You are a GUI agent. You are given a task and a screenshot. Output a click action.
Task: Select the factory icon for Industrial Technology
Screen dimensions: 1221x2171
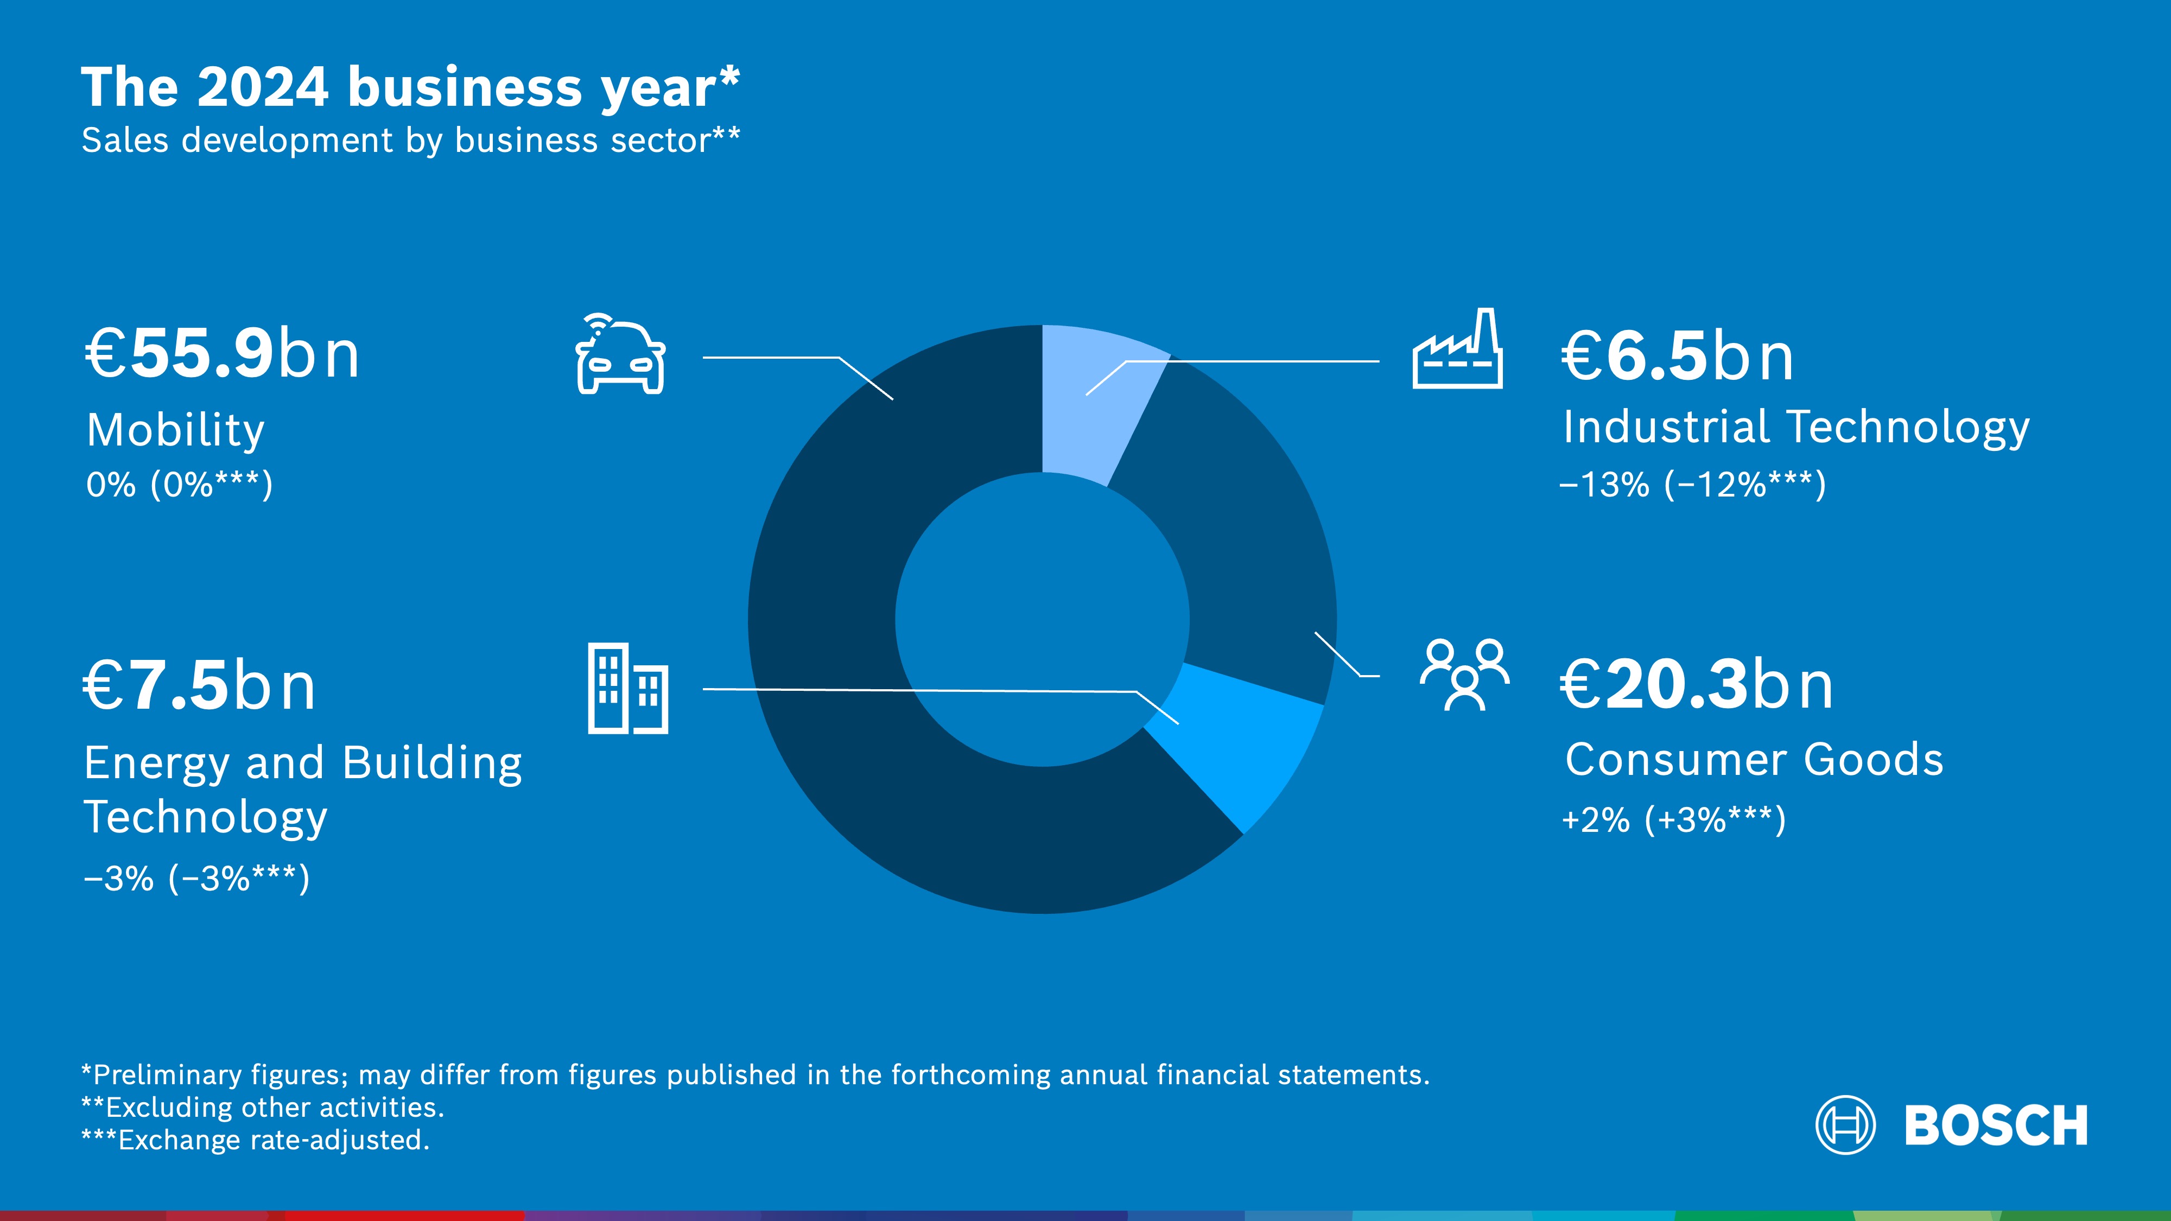tap(1457, 351)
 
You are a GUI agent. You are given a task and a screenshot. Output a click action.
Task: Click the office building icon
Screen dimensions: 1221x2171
tap(628, 689)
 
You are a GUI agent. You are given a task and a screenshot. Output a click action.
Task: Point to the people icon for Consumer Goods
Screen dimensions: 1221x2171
tap(1465, 675)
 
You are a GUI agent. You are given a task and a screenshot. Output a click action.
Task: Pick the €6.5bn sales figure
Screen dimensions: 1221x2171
tap(1677, 357)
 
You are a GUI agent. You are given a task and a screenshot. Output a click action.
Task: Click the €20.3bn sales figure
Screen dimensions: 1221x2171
tap(1697, 685)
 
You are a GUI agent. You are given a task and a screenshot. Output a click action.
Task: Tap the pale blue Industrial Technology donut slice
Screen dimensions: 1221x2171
tap(1096, 396)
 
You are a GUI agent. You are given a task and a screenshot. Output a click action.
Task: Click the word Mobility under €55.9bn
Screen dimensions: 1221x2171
tap(175, 430)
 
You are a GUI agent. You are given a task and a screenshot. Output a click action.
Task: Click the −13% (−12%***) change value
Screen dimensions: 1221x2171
tap(1692, 485)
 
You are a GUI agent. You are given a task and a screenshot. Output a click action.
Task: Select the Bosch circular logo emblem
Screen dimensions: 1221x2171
tap(1845, 1125)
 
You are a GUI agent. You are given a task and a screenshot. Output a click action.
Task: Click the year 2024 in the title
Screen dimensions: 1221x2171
tap(262, 87)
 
